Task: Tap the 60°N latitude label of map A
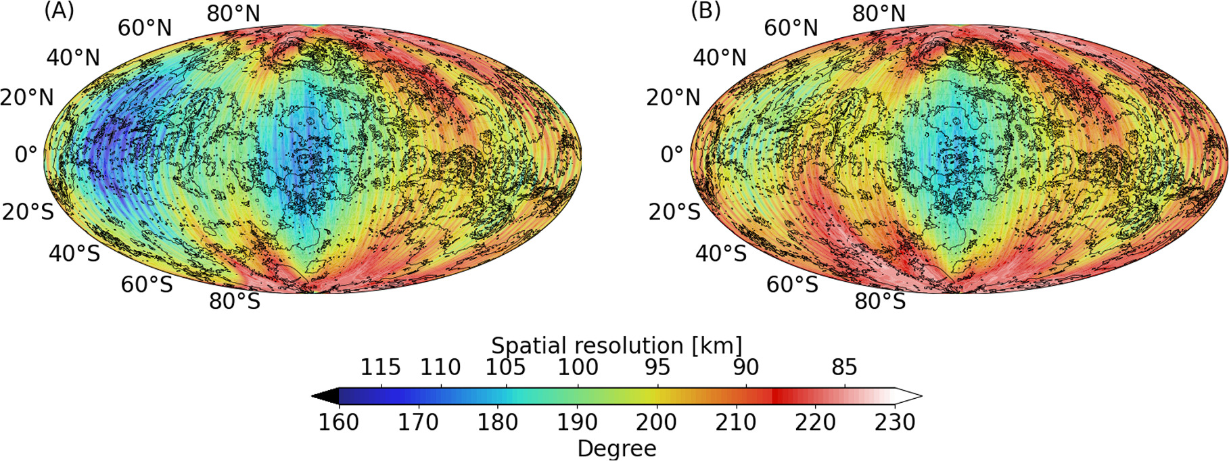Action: pyautogui.click(x=145, y=28)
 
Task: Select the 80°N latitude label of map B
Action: pyautogui.click(x=879, y=14)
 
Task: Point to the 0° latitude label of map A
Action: pyautogui.click(x=26, y=154)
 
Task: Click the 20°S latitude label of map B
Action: pyautogui.click(x=674, y=212)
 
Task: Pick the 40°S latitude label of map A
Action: pyautogui.click(x=74, y=253)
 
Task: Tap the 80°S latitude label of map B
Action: pyautogui.click(x=879, y=301)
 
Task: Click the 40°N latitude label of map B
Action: pyautogui.click(x=720, y=57)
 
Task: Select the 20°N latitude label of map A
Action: pyautogui.click(x=27, y=97)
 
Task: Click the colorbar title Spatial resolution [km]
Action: pyautogui.click(x=616, y=345)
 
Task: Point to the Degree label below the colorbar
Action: pyautogui.click(x=616, y=448)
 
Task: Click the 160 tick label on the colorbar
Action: pyautogui.click(x=338, y=422)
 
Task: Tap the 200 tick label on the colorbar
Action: pyautogui.click(x=657, y=422)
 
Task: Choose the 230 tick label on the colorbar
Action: pyautogui.click(x=895, y=422)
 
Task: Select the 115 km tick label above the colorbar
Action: pyautogui.click(x=380, y=367)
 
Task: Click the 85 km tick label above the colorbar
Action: pyautogui.click(x=844, y=367)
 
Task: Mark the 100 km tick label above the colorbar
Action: pyautogui.click(x=578, y=367)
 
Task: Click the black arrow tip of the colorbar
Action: pyautogui.click(x=323, y=396)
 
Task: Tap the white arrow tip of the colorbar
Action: pyautogui.click(x=910, y=396)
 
